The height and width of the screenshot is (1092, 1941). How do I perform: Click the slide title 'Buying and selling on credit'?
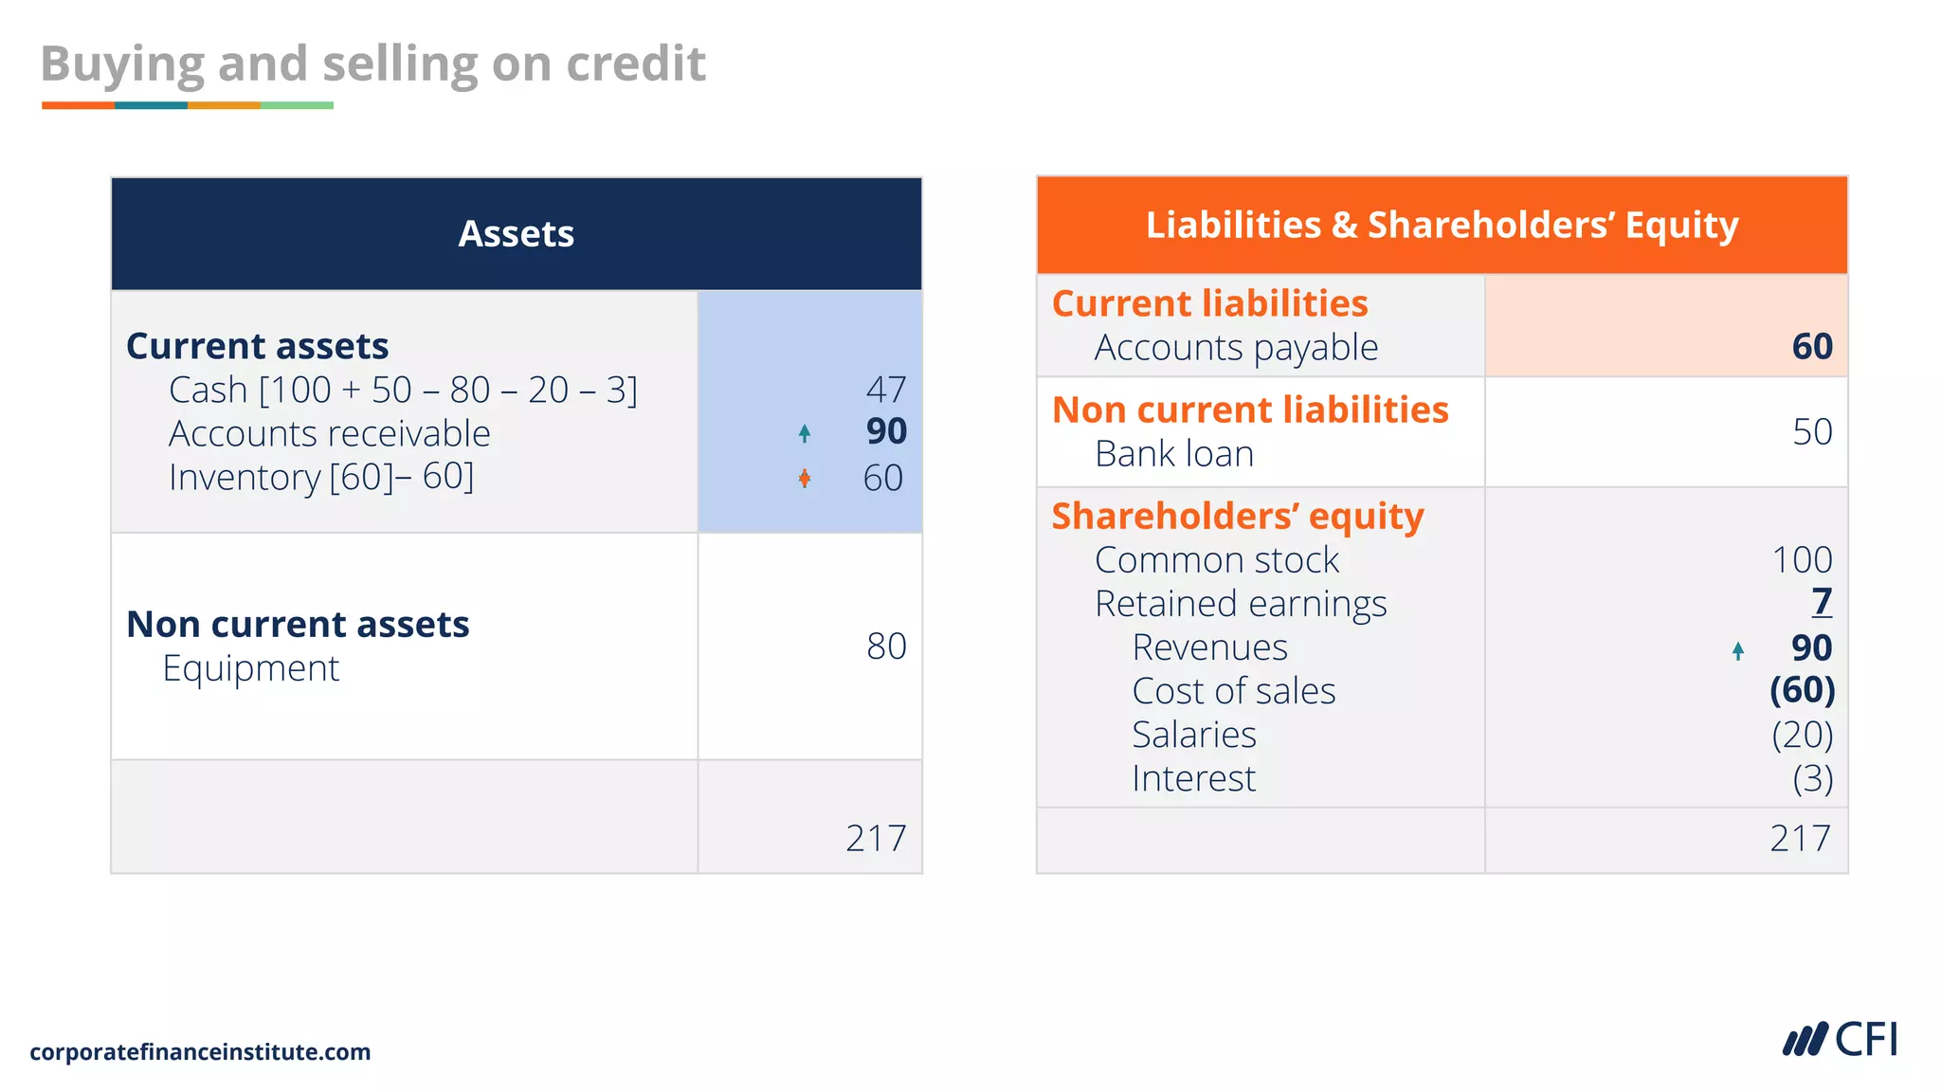click(372, 64)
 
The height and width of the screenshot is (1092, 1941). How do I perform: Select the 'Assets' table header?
click(516, 233)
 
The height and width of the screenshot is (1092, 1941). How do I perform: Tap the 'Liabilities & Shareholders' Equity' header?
click(1442, 226)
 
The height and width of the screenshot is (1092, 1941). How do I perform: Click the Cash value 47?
click(886, 390)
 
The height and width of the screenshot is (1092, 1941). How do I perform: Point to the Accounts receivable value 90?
click(886, 432)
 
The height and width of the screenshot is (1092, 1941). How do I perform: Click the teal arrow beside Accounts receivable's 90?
click(805, 433)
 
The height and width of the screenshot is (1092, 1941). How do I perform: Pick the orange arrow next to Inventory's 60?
click(805, 478)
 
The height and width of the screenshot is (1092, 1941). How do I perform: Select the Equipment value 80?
click(886, 646)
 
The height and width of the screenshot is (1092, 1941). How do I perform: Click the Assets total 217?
click(876, 839)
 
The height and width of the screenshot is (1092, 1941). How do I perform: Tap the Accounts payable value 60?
click(1812, 347)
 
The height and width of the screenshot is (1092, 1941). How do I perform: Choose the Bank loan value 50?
click(1812, 432)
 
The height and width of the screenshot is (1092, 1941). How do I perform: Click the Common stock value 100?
click(1802, 560)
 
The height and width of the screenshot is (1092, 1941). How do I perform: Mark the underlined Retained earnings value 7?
click(1822, 603)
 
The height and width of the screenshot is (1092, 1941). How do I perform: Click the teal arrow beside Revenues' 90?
click(1738, 650)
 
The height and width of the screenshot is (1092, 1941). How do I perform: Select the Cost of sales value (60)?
click(1802, 691)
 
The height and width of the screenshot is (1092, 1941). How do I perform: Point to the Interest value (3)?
click(1812, 779)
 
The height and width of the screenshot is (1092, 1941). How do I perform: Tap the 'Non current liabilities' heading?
click(1250, 410)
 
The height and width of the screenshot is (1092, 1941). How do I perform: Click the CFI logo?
click(1840, 1040)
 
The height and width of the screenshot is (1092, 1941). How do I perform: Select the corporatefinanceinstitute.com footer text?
click(200, 1052)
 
